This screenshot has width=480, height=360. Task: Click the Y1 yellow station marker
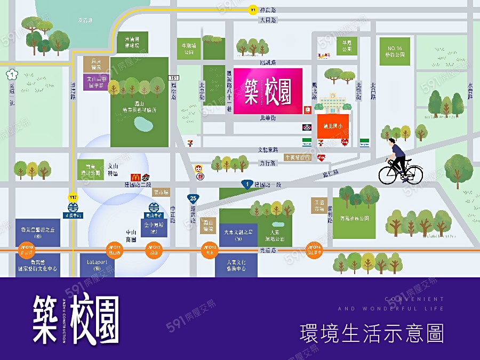pyautogui.click(x=253, y=10)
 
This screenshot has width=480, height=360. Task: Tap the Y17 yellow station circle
pyautogui.click(x=73, y=198)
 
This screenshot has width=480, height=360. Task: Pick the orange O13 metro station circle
pyautogui.click(x=210, y=249)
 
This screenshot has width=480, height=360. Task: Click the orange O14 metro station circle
pyautogui.click(x=314, y=249)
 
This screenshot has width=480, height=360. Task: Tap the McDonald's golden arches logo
pyautogui.click(x=135, y=178)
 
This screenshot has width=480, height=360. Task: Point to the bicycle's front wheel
pyautogui.click(x=412, y=174)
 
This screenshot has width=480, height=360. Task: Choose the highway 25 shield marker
pyautogui.click(x=193, y=198)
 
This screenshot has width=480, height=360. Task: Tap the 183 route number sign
pyautogui.click(x=173, y=78)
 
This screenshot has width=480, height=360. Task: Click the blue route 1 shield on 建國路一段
pyautogui.click(x=246, y=184)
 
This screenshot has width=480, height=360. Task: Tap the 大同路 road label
pyautogui.click(x=268, y=20)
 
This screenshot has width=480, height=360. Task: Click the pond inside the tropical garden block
pyautogui.click(x=142, y=125)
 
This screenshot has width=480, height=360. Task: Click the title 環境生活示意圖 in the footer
pyautogui.click(x=372, y=333)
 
